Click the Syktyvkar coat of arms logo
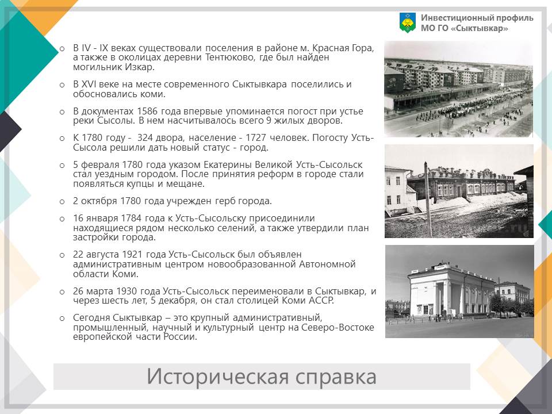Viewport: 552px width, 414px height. coord(407,23)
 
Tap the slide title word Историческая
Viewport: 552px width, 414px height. coord(218,377)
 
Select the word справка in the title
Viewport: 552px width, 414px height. coord(336,377)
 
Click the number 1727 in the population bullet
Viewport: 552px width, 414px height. coord(256,137)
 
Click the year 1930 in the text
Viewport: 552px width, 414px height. coord(126,291)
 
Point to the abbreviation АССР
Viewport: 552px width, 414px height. coord(321,301)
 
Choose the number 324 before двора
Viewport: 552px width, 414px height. coord(145,137)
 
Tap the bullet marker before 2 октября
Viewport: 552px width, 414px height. coord(62,202)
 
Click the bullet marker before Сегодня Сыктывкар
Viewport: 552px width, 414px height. coord(62,319)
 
